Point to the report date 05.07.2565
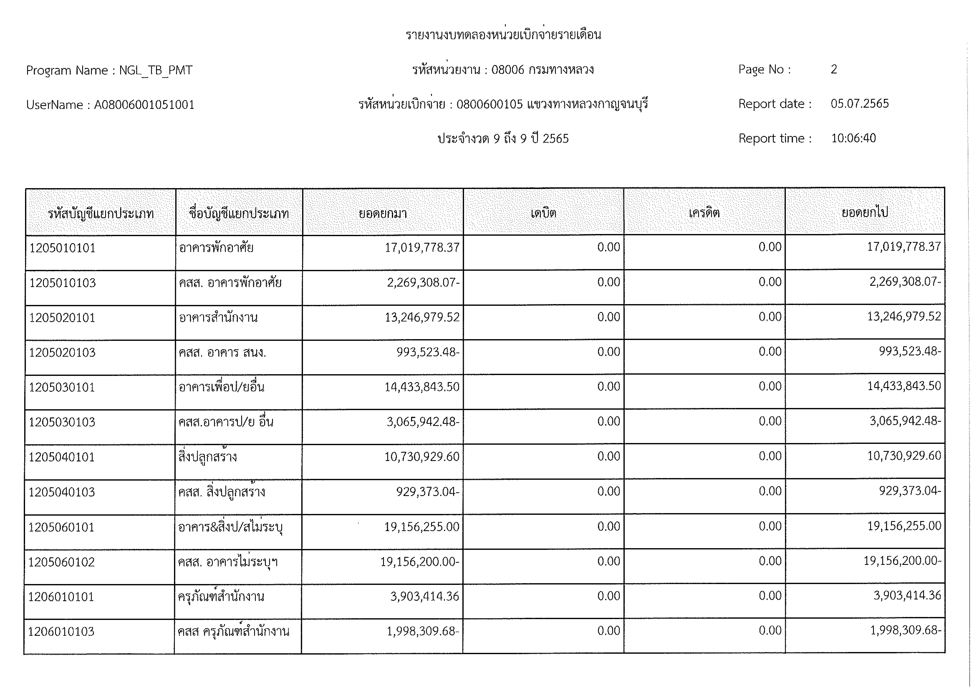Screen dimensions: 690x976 (x=860, y=104)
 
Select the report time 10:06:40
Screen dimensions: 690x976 (x=853, y=138)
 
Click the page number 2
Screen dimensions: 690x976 (x=834, y=69)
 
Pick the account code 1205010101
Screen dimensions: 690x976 (x=62, y=248)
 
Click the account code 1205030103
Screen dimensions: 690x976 (x=62, y=422)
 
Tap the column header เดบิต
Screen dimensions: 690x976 (x=543, y=212)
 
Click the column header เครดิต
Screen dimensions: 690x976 (x=704, y=212)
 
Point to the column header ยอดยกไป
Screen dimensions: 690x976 (x=865, y=212)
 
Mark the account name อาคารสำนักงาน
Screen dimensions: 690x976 (x=218, y=317)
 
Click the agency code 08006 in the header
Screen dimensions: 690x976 (x=508, y=70)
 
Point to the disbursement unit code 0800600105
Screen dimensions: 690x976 (x=489, y=104)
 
